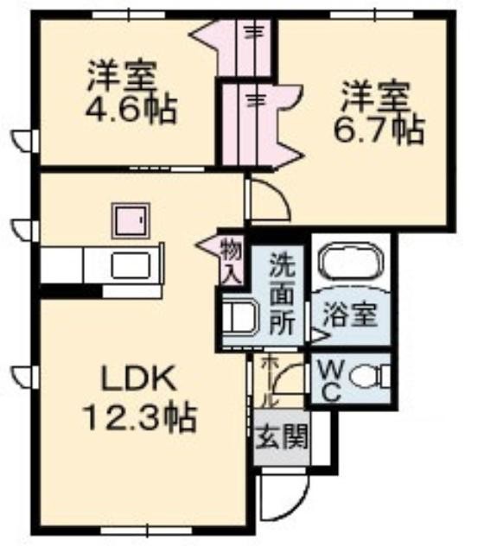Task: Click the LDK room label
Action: pyautogui.click(x=138, y=378)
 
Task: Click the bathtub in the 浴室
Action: pyautogui.click(x=351, y=261)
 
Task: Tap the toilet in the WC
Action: pyautogui.click(x=370, y=377)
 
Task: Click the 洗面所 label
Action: pyautogui.click(x=283, y=294)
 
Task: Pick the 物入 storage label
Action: pyautogui.click(x=232, y=261)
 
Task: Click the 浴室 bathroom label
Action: pyautogui.click(x=351, y=315)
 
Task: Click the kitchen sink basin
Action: pyautogui.click(x=131, y=265)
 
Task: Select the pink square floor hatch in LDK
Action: pyautogui.click(x=131, y=221)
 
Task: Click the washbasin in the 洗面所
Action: pyautogui.click(x=240, y=316)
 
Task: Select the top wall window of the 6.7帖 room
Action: pyautogui.click(x=373, y=16)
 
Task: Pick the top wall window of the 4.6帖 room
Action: pyautogui.click(x=129, y=16)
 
